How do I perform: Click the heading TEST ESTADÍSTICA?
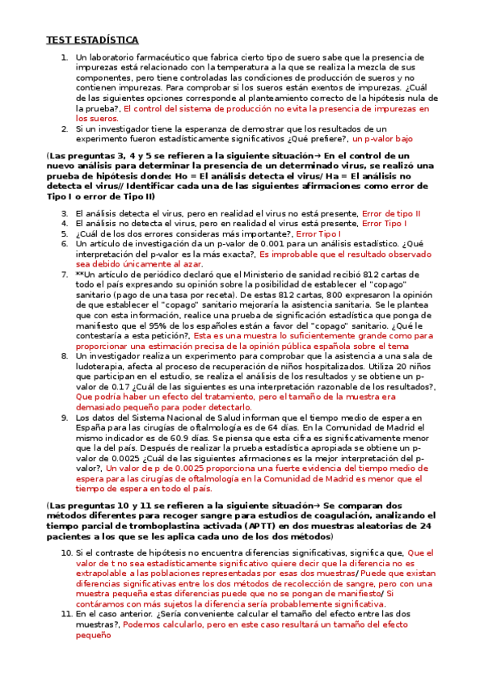pos(92,40)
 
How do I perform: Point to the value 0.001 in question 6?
pos(268,244)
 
